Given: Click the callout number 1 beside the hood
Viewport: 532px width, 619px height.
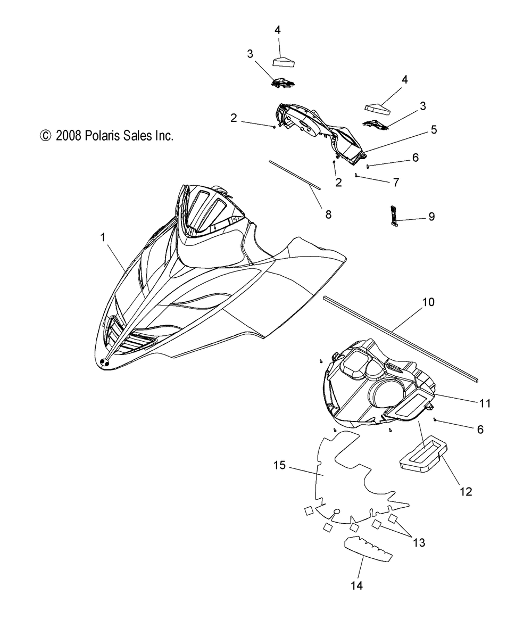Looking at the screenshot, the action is click(103, 237).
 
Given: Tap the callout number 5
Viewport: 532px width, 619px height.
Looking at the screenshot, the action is click(434, 129).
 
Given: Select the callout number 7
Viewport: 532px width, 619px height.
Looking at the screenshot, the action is click(396, 182).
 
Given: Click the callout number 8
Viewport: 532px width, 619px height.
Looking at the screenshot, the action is click(328, 214).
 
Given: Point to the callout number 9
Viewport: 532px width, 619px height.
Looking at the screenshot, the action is click(431, 216).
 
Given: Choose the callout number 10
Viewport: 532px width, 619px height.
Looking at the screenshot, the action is click(428, 302).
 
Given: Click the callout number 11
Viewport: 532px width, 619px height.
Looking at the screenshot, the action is click(485, 403).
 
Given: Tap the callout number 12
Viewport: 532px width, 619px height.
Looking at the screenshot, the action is click(465, 491).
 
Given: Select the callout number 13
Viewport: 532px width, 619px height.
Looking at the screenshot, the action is click(419, 542).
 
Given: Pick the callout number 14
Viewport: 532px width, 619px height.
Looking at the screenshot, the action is click(356, 585).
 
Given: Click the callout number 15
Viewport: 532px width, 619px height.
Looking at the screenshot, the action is click(279, 465).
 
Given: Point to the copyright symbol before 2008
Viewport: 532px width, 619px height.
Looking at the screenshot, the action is click(45, 136).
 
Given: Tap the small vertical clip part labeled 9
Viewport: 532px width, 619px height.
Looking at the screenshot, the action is click(394, 217).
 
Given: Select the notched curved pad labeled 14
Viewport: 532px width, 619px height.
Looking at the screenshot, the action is click(368, 549).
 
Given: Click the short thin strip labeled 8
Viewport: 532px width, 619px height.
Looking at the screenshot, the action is click(295, 175).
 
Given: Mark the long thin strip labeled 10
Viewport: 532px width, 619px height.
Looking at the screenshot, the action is click(401, 339).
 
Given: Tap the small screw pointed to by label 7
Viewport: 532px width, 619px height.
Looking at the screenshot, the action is click(356, 175).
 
